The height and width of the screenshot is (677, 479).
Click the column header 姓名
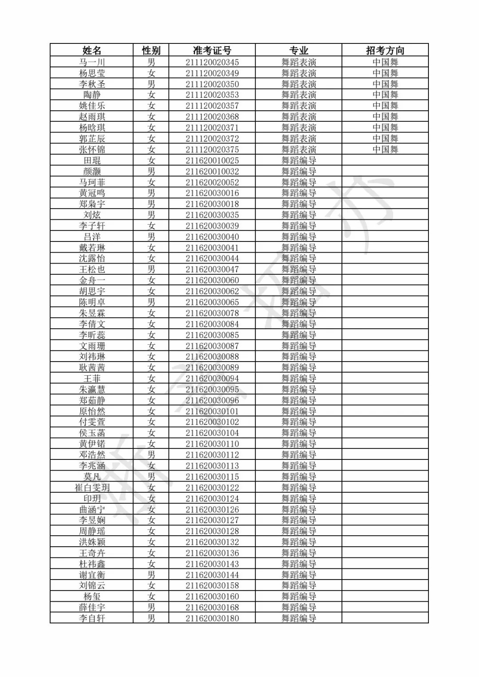pyautogui.click(x=92, y=50)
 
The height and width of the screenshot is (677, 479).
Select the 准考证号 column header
pyautogui.click(x=212, y=50)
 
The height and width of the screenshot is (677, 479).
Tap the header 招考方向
pyautogui.click(x=385, y=50)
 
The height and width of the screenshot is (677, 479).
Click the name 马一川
pyautogui.click(x=92, y=62)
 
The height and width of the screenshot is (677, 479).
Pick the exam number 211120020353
pyautogui.click(x=212, y=95)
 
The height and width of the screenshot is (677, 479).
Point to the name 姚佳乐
pyautogui.click(x=92, y=105)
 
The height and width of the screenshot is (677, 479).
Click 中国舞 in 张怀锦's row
pyautogui.click(x=385, y=149)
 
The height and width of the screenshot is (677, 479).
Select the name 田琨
pyautogui.click(x=92, y=160)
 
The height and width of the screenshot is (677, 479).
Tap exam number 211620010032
pyautogui.click(x=212, y=171)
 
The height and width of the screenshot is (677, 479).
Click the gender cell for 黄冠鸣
pyautogui.click(x=151, y=193)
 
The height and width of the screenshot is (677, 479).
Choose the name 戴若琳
pyautogui.click(x=92, y=248)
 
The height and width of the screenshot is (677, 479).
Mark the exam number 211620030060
pyautogui.click(x=212, y=280)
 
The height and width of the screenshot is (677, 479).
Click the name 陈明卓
pyautogui.click(x=92, y=302)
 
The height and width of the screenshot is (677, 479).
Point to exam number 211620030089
pyautogui.click(x=212, y=367)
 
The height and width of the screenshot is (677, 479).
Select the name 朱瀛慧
pyautogui.click(x=92, y=389)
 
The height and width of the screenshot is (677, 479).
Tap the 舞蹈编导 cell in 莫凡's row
pyautogui.click(x=298, y=477)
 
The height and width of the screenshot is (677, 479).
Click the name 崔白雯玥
pyautogui.click(x=92, y=487)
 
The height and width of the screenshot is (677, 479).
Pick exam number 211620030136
pyautogui.click(x=212, y=553)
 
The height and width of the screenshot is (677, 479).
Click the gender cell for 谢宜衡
pyautogui.click(x=151, y=575)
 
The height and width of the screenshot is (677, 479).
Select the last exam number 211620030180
pyautogui.click(x=212, y=618)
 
